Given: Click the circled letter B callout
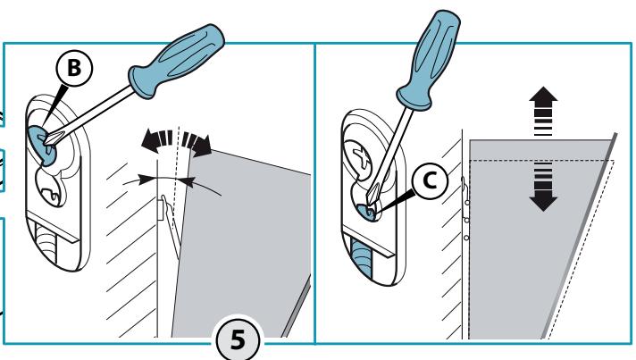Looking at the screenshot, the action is pyautogui.click(x=74, y=68).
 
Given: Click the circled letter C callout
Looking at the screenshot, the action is pyautogui.click(x=430, y=180).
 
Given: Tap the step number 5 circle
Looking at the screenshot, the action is pyautogui.click(x=238, y=339).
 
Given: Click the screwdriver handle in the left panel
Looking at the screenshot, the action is pyautogui.click(x=177, y=60).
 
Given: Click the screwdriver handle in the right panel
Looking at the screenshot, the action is pyautogui.click(x=429, y=60).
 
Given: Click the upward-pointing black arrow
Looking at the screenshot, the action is pyautogui.click(x=543, y=111).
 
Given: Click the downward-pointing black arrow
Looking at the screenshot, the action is pyautogui.click(x=543, y=187).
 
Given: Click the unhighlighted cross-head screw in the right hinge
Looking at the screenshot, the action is pyautogui.click(x=358, y=156).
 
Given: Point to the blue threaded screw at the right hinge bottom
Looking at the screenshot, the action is pyautogui.click(x=361, y=258).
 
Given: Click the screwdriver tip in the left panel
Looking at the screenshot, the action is pyautogui.click(x=47, y=140).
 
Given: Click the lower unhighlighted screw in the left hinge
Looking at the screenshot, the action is pyautogui.click(x=50, y=188).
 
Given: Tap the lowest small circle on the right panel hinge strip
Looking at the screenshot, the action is pyautogui.click(x=466, y=238).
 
